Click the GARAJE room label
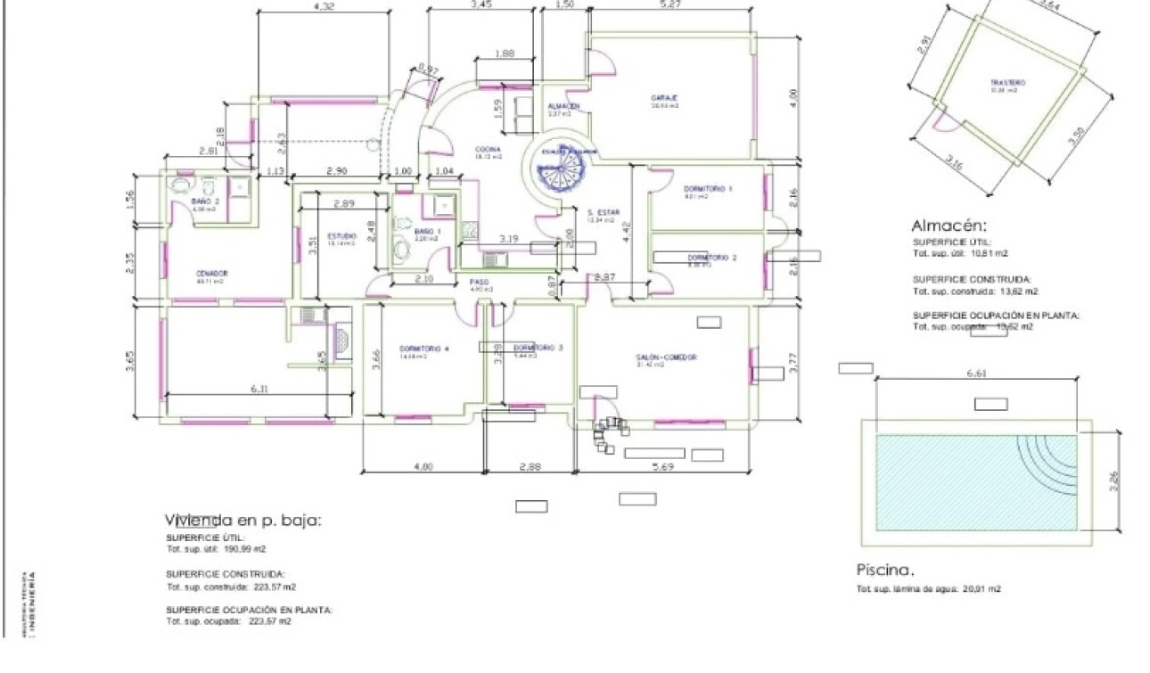coord(664,97)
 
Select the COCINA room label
coord(487,150)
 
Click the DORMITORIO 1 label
coord(708,189)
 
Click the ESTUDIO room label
coord(342,236)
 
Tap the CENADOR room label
coord(212,274)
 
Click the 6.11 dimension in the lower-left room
coord(259,389)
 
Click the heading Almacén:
coord(949,226)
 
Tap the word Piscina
coord(885,570)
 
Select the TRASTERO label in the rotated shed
coord(1007,83)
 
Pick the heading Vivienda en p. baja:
coord(242,520)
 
